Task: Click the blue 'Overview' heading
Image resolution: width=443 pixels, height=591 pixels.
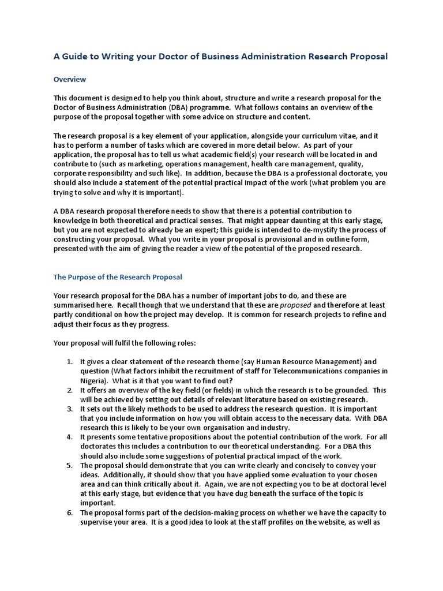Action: point(70,79)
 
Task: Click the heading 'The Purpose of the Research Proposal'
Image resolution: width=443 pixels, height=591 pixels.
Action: point(118,277)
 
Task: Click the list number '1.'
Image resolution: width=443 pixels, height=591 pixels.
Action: point(69,361)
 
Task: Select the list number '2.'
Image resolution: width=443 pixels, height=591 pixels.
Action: point(69,390)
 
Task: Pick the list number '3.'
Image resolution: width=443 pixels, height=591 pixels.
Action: point(69,409)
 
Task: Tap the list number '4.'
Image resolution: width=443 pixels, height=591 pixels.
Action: point(69,437)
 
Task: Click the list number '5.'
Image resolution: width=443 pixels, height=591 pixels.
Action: point(69,465)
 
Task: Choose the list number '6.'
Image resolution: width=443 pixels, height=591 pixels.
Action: point(69,513)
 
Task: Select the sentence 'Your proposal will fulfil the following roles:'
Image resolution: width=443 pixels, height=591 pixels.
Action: point(125,342)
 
